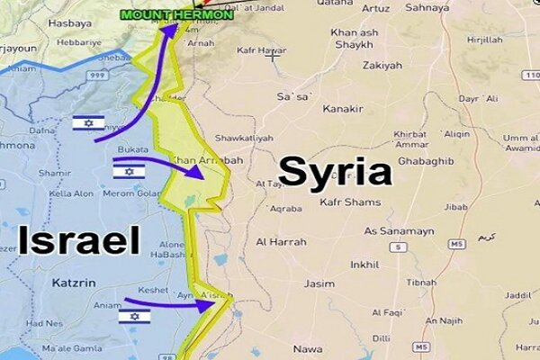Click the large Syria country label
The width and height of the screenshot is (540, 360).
click(x=334, y=171)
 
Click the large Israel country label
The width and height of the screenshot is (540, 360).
click(x=79, y=240)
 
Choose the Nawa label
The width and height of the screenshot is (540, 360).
click(x=307, y=348)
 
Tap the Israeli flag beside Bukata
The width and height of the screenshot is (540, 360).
click(x=129, y=171)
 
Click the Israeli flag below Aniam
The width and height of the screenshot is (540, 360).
click(x=134, y=316)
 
